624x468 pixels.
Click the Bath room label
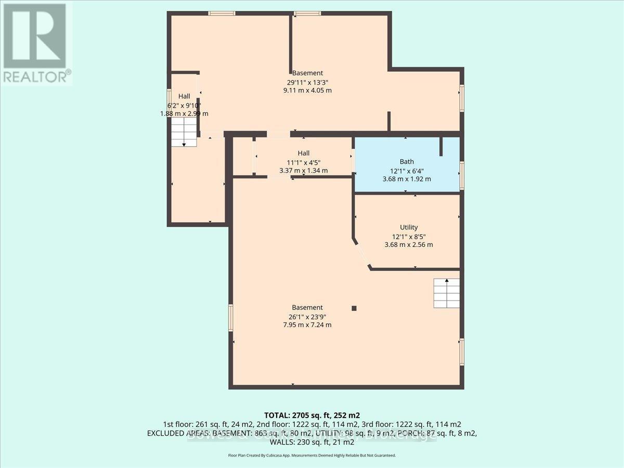[x=407, y=162]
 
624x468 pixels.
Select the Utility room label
[x=409, y=227]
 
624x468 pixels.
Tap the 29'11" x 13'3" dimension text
[x=307, y=82]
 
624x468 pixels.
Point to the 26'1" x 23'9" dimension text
[x=307, y=316]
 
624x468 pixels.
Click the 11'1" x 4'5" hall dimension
[x=304, y=162]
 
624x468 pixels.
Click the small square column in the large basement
[x=354, y=308]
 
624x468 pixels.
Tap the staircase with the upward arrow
[x=447, y=293]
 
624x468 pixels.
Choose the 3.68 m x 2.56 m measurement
[x=409, y=244]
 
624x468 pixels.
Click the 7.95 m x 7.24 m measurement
[x=307, y=325]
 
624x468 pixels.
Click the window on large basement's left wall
[x=230, y=318]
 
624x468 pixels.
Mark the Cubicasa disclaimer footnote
[x=312, y=455]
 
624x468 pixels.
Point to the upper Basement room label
[x=307, y=73]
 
